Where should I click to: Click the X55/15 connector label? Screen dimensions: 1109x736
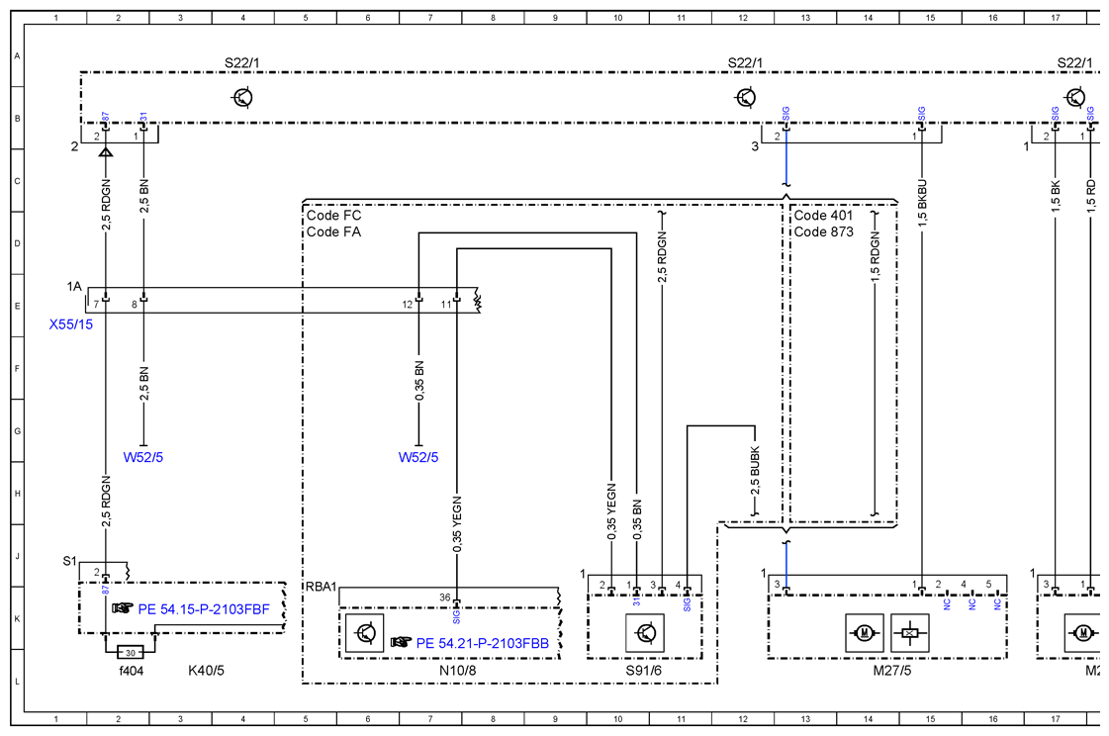click(x=70, y=324)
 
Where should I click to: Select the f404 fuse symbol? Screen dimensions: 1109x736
click(x=131, y=652)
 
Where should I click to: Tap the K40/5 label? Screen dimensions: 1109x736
click(x=206, y=671)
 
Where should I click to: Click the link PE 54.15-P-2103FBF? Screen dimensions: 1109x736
click(x=204, y=609)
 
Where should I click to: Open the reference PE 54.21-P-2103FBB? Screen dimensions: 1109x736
click(x=483, y=643)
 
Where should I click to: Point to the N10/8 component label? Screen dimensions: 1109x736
click(x=458, y=671)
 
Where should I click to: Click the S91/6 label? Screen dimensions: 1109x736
click(x=644, y=671)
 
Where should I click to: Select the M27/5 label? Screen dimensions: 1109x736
click(x=892, y=671)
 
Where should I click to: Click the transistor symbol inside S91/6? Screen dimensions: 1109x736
click(x=645, y=633)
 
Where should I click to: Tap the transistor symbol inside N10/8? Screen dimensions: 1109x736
click(x=365, y=633)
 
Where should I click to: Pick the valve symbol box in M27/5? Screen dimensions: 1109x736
click(x=909, y=633)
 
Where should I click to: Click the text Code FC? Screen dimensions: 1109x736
click(x=333, y=215)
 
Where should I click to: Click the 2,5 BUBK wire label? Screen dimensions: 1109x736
click(x=755, y=470)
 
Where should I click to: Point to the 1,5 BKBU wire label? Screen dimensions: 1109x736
click(x=922, y=204)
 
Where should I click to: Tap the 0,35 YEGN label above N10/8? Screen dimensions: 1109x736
click(x=457, y=524)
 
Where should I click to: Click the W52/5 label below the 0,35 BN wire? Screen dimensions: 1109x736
click(x=418, y=457)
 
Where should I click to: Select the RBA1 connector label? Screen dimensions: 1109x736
click(x=322, y=587)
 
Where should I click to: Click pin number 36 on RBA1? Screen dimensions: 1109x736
click(x=444, y=598)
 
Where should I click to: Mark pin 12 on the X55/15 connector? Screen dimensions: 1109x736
click(x=408, y=305)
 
